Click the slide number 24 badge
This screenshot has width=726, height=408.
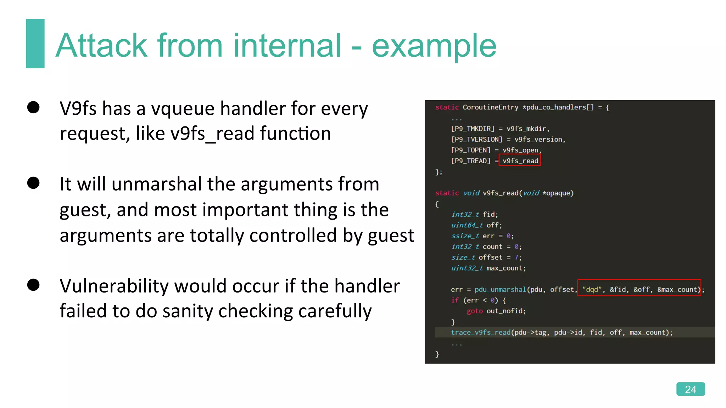690,389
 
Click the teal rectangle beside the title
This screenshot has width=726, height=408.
35,44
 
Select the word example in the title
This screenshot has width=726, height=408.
434,46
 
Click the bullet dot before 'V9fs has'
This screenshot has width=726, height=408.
33,107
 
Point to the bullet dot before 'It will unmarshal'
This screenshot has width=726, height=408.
33,183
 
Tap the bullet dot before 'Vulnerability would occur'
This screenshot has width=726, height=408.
33,285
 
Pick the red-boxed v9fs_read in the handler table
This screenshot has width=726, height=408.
520,161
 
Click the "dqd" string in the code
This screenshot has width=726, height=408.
592,289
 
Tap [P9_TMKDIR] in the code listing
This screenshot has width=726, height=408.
473,129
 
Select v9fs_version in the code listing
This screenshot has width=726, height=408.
538,140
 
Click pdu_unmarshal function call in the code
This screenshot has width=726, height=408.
500,289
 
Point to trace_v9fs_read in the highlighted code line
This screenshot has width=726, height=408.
480,332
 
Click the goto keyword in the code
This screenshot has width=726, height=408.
475,311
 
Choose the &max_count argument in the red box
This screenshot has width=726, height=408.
678,289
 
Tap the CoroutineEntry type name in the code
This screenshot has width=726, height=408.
490,107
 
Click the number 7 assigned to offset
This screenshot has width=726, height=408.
516,257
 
